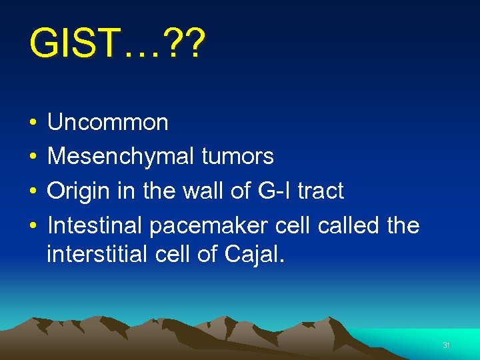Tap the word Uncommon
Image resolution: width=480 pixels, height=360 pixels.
point(108,122)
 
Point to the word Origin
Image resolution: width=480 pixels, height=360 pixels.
point(77,191)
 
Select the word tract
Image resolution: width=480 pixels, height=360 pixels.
point(317,191)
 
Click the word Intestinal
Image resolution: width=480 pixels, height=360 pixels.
point(95,226)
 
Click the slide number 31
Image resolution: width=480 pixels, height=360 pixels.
point(447,345)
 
